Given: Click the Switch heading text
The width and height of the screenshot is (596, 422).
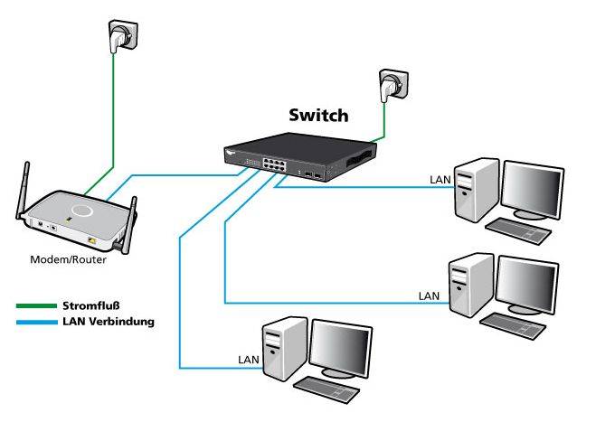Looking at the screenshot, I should click(317, 116).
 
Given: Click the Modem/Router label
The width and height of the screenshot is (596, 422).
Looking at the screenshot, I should click(70, 259).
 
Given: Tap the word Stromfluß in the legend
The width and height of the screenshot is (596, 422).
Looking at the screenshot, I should click(93, 305).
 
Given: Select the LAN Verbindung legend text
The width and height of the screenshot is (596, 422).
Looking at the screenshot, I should click(108, 321).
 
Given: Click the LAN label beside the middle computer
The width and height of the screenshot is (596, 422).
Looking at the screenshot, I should click(430, 295).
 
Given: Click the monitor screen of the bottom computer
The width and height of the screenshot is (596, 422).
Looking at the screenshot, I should click(340, 347).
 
